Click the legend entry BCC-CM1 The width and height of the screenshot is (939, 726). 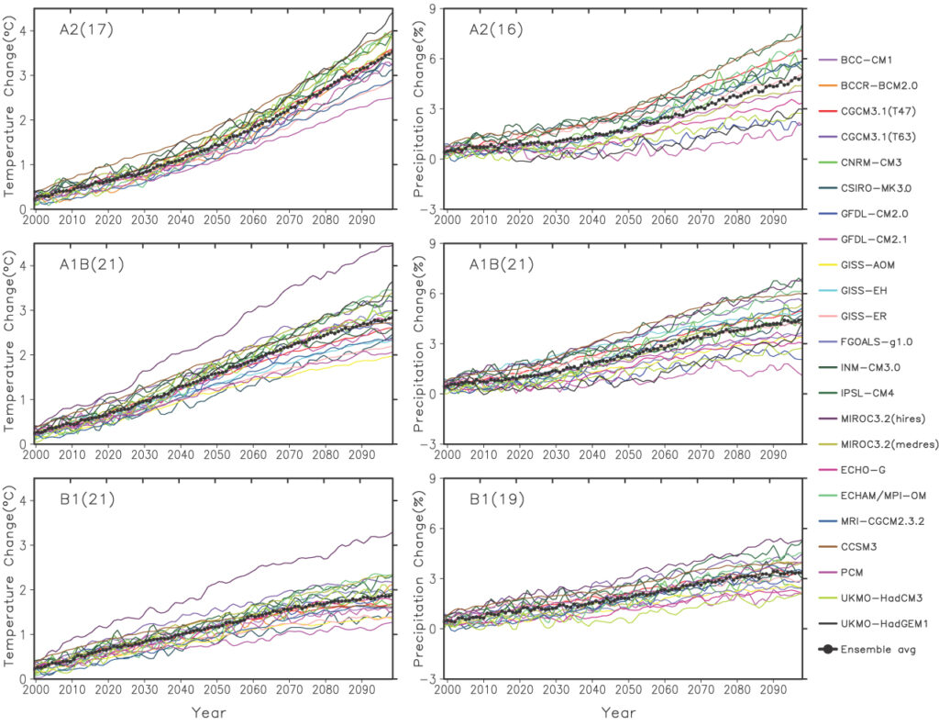pos(866,60)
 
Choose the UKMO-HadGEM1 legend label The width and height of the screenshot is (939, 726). pos(879,624)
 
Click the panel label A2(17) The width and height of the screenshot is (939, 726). pos(71,28)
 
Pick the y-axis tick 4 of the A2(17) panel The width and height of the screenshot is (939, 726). pos(21,30)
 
